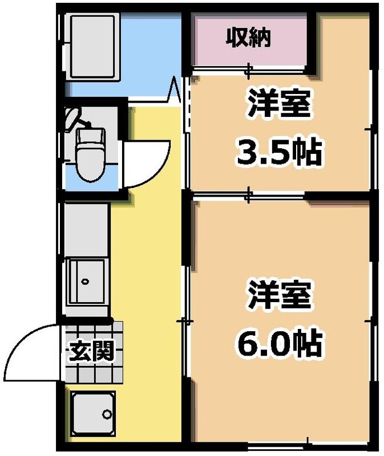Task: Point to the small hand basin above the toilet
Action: coord(74,118)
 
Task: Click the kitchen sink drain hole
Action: coord(85,282)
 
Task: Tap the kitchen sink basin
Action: coord(87,280)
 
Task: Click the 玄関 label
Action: coord(88,349)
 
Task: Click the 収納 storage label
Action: coord(250,39)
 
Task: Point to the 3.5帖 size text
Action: coord(279,152)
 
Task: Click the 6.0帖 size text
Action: coord(279,343)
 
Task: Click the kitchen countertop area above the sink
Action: coord(86,228)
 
